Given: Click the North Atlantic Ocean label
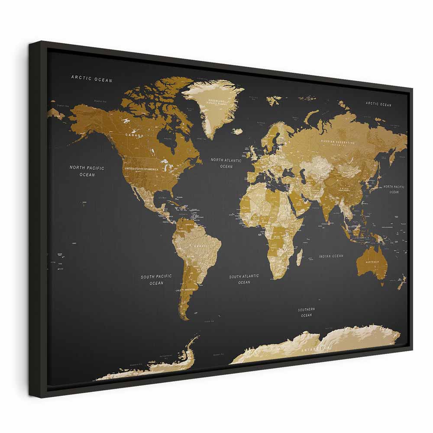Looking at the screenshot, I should [226, 163].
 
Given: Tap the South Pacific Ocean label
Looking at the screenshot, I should [156, 279].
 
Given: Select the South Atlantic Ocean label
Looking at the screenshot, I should [244, 279].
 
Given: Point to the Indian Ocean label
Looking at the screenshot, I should [331, 256].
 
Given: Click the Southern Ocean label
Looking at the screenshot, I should [306, 312].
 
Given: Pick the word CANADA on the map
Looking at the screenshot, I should [134, 135].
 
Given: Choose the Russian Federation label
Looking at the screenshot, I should [338, 142].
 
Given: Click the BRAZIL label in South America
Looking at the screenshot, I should [200, 246].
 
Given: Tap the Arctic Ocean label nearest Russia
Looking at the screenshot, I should [378, 104].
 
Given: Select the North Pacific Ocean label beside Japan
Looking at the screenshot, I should [394, 189].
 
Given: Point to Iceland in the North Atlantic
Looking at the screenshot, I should [238, 131].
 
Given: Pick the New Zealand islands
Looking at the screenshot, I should [402, 281].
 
